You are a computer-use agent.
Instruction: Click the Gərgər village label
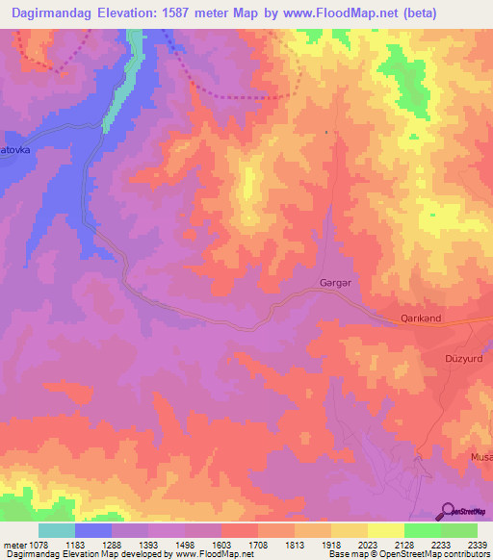[330, 283]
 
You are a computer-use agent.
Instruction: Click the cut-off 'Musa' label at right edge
[480, 457]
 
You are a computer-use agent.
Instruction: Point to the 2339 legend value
[477, 544]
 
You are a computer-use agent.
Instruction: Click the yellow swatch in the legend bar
[386, 530]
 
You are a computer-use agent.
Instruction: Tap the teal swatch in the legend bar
[57, 530]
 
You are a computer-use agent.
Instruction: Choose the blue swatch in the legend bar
[93, 530]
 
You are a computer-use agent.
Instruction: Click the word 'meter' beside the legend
[15, 544]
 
